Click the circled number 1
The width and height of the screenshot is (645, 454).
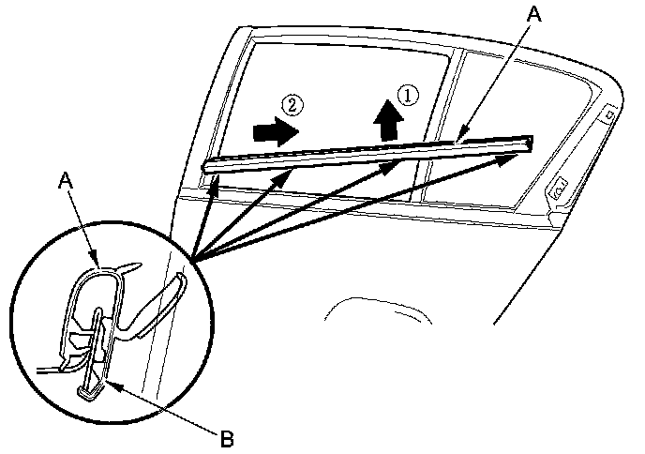click(x=406, y=94)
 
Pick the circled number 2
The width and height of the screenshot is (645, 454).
click(x=293, y=106)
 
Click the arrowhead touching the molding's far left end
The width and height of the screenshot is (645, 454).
click(x=216, y=181)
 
